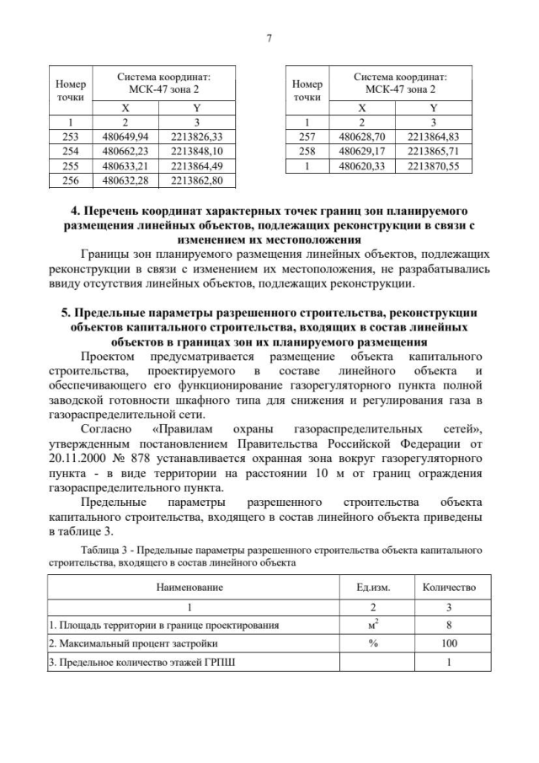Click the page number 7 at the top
269,38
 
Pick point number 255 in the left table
71,165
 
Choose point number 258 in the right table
307,151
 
